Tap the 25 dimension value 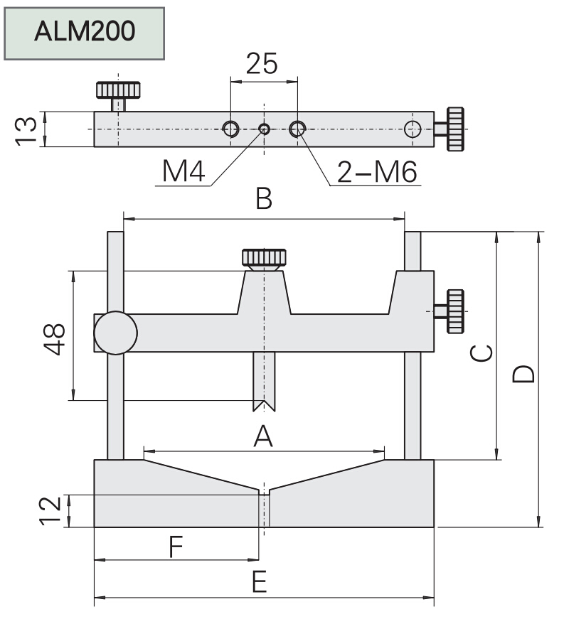coord(262,65)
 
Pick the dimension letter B coord(264,200)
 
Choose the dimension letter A coord(263,436)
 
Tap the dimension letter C coord(481,352)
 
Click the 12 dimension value coord(50,510)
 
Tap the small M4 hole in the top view coord(264,129)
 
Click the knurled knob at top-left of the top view coord(118,90)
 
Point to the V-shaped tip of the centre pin coord(264,407)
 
